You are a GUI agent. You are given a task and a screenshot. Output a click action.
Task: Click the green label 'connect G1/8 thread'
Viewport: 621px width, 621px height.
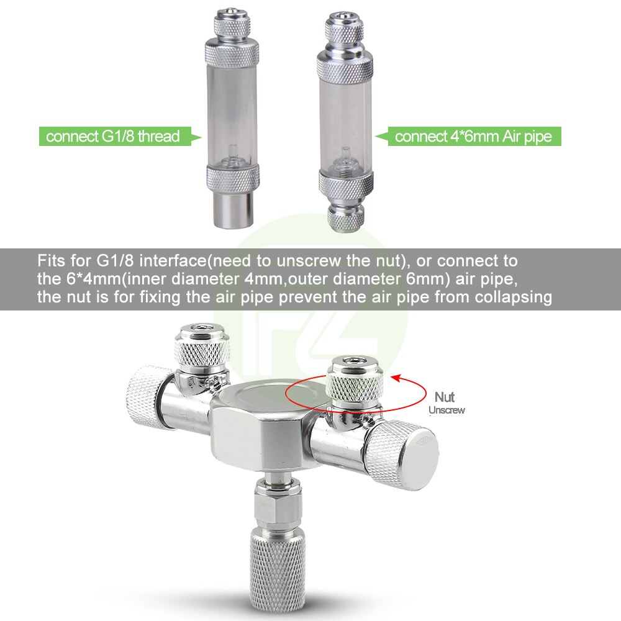tap(112, 136)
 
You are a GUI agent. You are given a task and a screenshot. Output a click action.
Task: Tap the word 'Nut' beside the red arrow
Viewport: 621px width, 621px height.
tap(445, 397)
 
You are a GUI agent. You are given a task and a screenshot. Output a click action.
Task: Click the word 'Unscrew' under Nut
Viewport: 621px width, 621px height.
tap(446, 410)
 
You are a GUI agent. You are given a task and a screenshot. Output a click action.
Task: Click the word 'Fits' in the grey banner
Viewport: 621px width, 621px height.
tap(50, 259)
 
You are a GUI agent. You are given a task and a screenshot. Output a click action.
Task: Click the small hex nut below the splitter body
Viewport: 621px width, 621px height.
tap(276, 505)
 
